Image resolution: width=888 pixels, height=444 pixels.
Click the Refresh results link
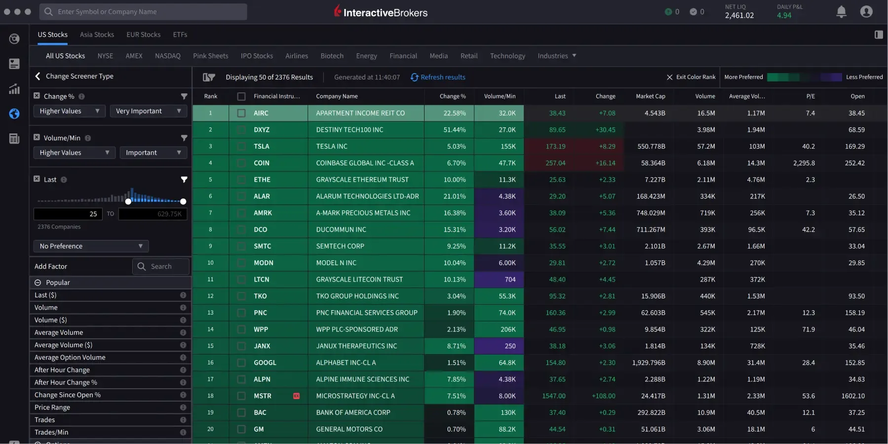point(438,77)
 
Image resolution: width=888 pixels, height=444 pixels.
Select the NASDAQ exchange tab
point(167,56)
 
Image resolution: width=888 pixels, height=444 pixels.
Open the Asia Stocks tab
point(97,35)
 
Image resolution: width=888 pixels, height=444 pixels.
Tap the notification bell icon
point(841,12)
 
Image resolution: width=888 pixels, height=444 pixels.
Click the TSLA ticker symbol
point(261,146)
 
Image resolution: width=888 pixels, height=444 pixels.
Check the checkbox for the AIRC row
point(241,113)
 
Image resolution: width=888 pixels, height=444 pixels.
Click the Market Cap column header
point(650,96)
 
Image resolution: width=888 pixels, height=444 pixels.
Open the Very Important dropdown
point(148,111)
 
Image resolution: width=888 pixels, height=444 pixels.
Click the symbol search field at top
point(143,12)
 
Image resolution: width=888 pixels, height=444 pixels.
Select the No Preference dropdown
point(91,246)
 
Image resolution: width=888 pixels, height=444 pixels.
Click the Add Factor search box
point(161,266)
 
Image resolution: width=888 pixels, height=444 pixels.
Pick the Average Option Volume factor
point(70,358)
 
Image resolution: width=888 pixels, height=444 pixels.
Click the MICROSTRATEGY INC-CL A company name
point(355,396)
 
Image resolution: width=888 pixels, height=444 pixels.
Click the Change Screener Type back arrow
point(38,76)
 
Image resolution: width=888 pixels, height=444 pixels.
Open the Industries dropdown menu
point(557,56)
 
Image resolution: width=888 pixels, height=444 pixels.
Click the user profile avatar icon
point(866,12)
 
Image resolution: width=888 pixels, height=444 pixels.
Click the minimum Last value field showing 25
point(68,214)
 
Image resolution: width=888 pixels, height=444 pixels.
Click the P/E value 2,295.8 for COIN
point(804,163)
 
